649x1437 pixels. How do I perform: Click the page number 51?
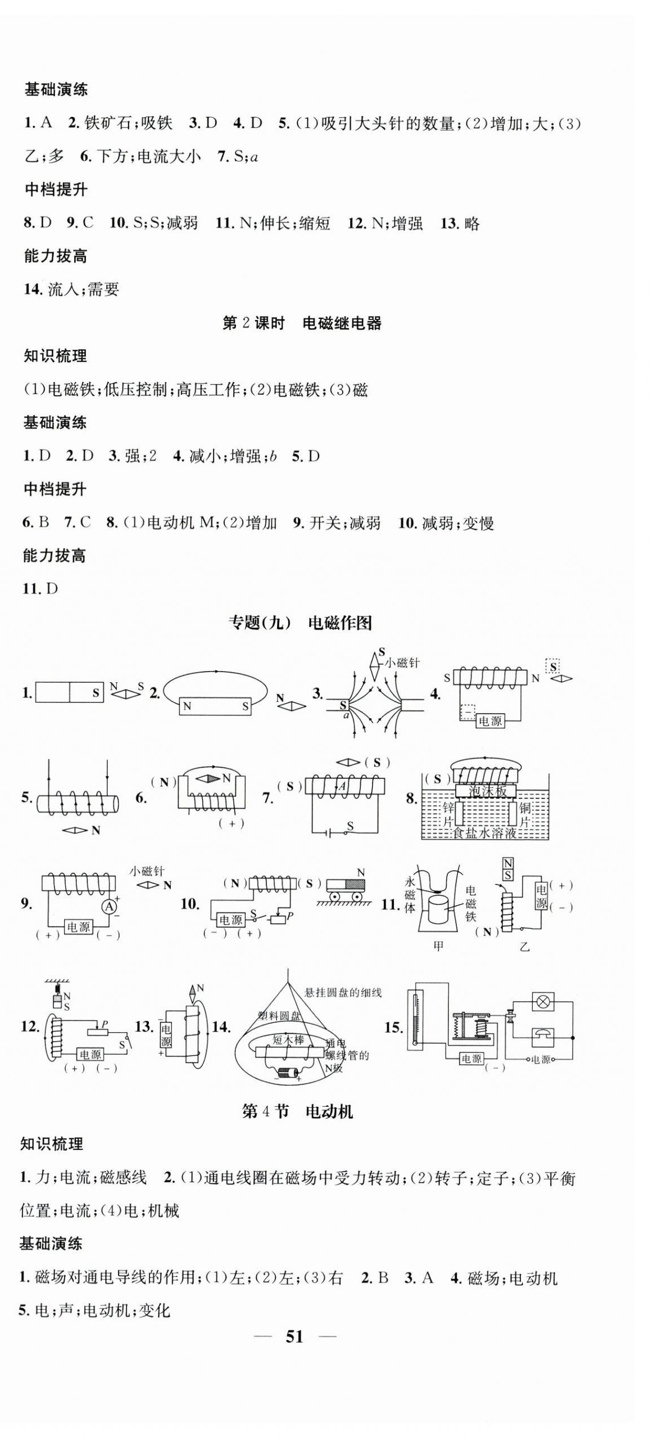point(294,1336)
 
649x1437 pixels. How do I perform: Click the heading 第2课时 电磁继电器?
point(302,323)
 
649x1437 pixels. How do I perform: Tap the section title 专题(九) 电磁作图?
point(300,622)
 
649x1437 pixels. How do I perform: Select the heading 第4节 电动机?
point(297,1111)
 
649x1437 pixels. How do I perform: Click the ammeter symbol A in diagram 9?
point(111,906)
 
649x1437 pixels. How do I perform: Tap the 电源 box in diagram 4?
point(489,720)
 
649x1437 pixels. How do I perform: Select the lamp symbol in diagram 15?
point(543,1001)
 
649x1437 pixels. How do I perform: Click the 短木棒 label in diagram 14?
point(288,1039)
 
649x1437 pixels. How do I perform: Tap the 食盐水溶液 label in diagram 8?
point(485,833)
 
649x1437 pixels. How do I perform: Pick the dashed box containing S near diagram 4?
point(553,667)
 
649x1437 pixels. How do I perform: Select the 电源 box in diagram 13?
point(166,1034)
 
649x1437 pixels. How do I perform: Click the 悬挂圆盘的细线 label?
point(343,992)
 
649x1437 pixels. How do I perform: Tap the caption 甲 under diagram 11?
point(438,946)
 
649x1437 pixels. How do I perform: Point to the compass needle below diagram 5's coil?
point(75,829)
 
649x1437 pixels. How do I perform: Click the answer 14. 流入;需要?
point(71,289)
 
